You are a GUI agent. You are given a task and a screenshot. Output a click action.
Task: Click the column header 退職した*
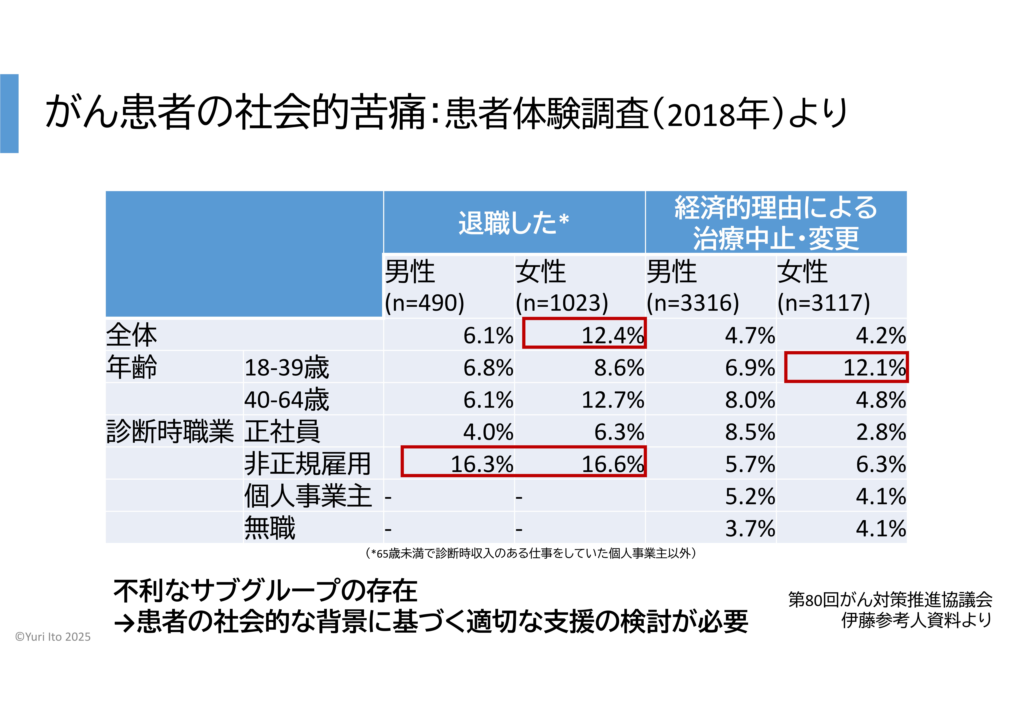pyautogui.click(x=513, y=223)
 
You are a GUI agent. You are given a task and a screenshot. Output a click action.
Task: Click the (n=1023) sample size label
pyautogui.click(x=562, y=303)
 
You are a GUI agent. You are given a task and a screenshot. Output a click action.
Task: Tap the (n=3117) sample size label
pyautogui.click(x=823, y=303)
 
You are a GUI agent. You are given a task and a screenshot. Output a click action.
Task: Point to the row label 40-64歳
pyautogui.click(x=286, y=399)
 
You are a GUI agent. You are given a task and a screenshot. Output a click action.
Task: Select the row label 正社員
pyautogui.click(x=282, y=432)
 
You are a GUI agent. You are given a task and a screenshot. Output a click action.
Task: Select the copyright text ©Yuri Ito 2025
pyautogui.click(x=53, y=637)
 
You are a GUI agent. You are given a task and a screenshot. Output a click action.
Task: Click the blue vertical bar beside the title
pyautogui.click(x=9, y=114)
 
